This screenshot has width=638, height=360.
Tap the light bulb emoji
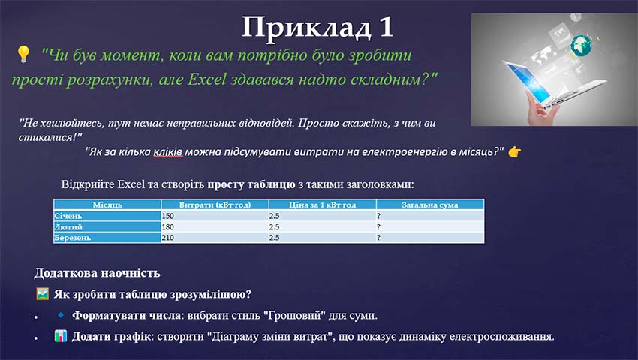pos(23,54)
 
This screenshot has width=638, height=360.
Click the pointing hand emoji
pos(514,151)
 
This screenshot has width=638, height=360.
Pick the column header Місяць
pos(107,205)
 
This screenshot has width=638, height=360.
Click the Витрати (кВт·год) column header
pos(214,205)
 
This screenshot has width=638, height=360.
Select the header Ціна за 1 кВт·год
pos(321,205)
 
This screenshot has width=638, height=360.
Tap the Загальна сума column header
pos(429,205)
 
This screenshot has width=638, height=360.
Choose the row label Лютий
pos(67,226)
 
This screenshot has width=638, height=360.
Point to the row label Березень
pos(72,238)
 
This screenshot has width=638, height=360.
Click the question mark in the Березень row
pos(379,238)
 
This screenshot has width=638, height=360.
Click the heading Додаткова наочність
pos(97,274)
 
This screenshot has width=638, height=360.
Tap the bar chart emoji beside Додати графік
pos(62,336)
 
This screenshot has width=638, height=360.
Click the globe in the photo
pos(579,46)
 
